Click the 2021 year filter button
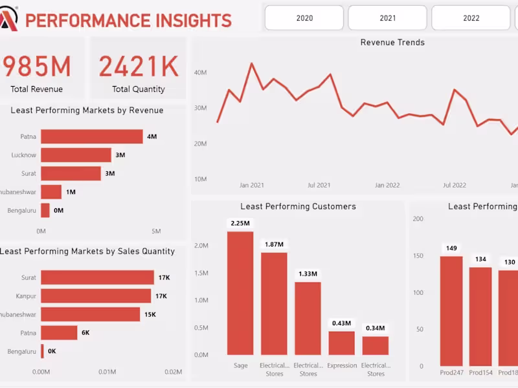387,18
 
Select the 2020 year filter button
304,18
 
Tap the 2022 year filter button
471,18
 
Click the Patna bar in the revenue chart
91,136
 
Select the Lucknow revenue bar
76,155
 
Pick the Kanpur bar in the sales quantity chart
96,296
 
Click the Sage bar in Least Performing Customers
240,293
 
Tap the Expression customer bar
341,343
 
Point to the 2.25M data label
240,223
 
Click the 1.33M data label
308,274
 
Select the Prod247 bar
451,310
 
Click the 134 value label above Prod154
480,259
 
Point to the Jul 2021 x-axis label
319,185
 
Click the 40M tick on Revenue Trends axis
200,73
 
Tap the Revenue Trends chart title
392,43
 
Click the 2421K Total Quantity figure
138,67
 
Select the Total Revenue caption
37,89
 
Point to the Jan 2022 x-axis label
387,185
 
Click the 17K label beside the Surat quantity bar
164,278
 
